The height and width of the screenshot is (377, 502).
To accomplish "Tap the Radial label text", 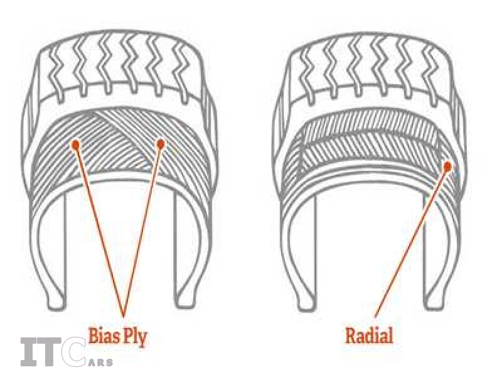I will click(369, 335).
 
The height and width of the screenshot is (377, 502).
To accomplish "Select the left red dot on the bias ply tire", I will click(75, 144).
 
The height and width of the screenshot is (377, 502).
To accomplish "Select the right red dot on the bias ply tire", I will click(161, 144).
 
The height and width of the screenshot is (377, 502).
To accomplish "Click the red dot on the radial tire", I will click(447, 167).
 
